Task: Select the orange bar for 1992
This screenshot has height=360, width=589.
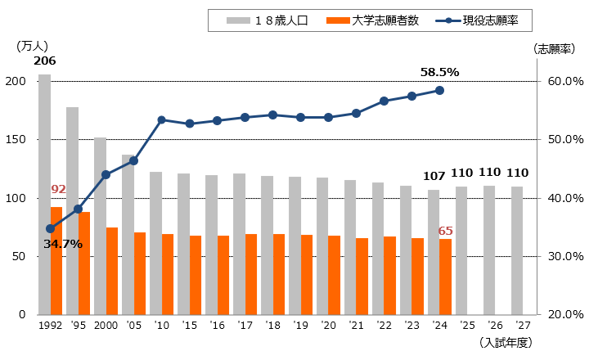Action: (56, 261)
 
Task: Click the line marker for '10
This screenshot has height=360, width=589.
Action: (161, 120)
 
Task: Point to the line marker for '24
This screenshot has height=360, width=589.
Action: (439, 90)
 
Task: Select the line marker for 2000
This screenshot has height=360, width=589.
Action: (106, 174)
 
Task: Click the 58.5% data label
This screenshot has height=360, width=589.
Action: (439, 72)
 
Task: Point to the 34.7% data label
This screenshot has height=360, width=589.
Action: (63, 244)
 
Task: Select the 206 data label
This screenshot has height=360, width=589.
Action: (44, 61)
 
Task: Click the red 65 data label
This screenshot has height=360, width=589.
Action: (446, 231)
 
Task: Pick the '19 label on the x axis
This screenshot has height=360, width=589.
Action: (300, 325)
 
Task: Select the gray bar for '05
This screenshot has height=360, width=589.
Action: (128, 234)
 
